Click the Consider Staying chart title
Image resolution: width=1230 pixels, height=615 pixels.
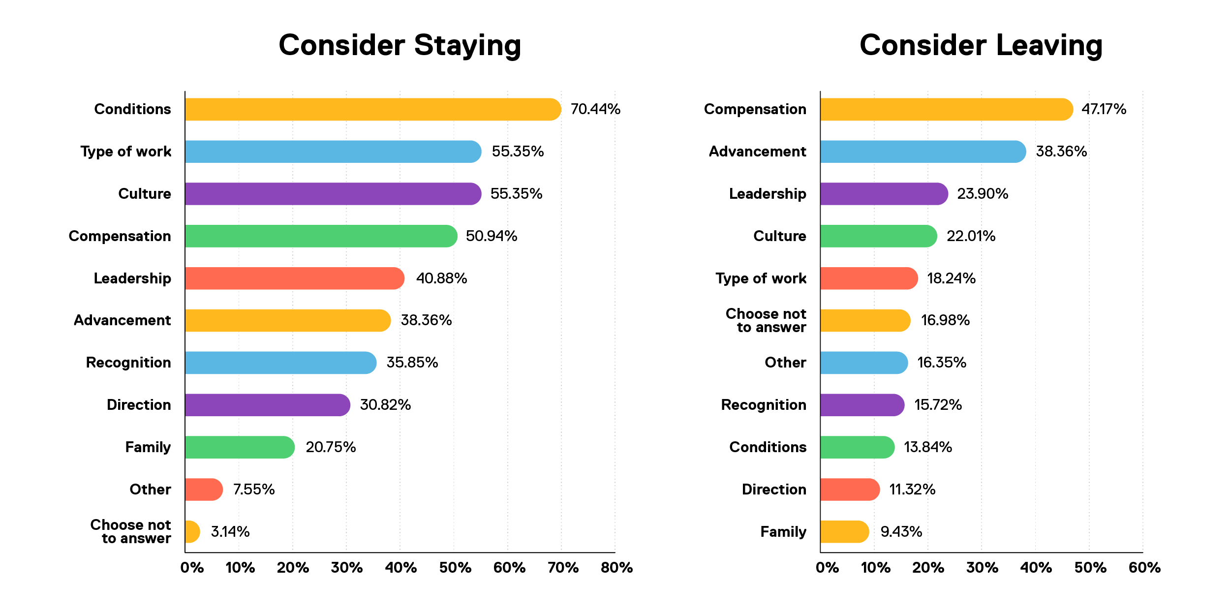click(x=400, y=45)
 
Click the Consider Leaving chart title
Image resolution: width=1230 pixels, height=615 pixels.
click(x=981, y=45)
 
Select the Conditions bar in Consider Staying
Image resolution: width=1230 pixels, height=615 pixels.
click(x=372, y=109)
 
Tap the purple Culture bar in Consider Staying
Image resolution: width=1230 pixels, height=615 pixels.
click(x=333, y=194)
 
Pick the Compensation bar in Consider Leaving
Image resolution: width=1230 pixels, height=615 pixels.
click(x=946, y=109)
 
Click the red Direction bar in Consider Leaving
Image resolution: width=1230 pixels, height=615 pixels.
click(x=849, y=490)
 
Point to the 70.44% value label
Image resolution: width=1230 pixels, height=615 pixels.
click(x=595, y=109)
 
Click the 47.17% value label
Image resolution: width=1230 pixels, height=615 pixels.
click(x=1104, y=109)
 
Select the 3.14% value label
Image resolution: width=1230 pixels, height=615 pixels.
click(x=230, y=532)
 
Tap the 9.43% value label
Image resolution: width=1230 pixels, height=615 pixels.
click(x=901, y=532)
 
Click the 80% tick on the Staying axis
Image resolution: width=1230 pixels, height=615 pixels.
click(x=616, y=568)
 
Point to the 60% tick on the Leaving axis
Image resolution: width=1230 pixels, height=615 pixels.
click(x=1144, y=568)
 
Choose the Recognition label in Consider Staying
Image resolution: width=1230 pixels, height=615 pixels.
click(x=128, y=363)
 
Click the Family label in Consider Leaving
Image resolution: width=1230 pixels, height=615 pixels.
click(x=783, y=532)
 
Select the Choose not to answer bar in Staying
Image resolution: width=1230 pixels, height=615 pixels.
click(x=192, y=532)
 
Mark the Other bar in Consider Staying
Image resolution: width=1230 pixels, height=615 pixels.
click(x=203, y=490)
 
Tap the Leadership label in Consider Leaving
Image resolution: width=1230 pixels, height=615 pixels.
click(x=768, y=194)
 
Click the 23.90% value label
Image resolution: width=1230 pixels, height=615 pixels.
click(x=983, y=194)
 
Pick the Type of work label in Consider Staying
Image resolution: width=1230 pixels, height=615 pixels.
click(x=126, y=152)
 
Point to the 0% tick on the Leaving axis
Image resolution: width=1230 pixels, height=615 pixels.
click(x=827, y=568)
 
